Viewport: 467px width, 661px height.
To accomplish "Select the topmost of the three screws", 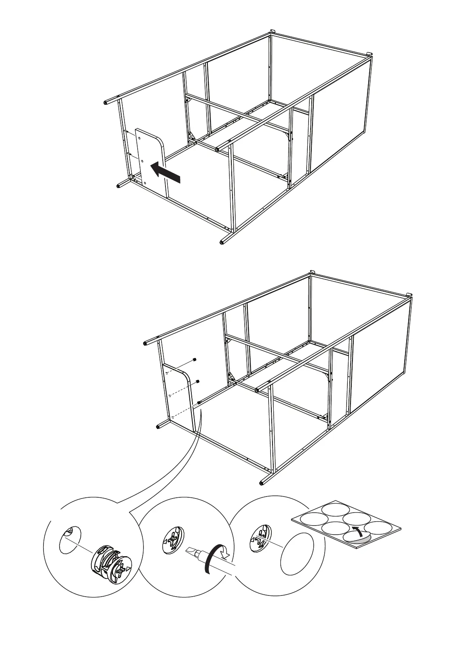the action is tap(195, 360).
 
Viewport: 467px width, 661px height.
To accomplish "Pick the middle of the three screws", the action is tap(198, 381).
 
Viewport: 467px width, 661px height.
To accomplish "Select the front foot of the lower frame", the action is tap(262, 482).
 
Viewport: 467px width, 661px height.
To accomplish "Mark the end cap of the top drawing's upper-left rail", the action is tap(105, 103).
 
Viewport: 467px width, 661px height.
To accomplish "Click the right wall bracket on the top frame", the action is tap(369, 54).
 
